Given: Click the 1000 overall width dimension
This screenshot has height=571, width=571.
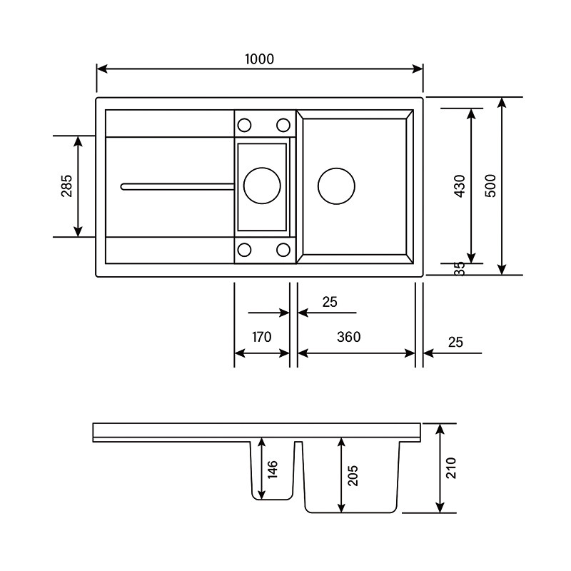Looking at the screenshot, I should click(x=259, y=59).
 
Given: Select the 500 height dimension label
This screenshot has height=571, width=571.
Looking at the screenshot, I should click(x=490, y=186).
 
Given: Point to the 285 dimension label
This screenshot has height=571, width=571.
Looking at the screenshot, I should click(x=66, y=186).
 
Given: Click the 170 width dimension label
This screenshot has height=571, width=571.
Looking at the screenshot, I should click(x=262, y=337).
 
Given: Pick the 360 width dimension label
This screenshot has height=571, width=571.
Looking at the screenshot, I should click(x=348, y=337).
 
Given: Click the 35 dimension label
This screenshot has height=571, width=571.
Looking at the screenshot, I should click(x=460, y=268).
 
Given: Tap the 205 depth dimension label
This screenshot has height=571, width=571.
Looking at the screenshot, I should click(x=353, y=475).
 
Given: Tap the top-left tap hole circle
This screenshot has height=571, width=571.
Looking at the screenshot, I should click(x=244, y=125).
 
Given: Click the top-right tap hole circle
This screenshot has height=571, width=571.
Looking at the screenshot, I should click(x=283, y=125).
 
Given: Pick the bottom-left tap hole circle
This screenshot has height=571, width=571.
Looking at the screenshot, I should click(x=244, y=250).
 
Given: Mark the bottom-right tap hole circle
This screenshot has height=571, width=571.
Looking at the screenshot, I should click(x=283, y=250).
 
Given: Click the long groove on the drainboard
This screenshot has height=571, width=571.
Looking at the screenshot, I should click(x=178, y=186).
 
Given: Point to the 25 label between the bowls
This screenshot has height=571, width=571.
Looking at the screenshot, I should click(x=328, y=302).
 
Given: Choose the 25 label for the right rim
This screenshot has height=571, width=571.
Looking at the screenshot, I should click(x=455, y=343).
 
